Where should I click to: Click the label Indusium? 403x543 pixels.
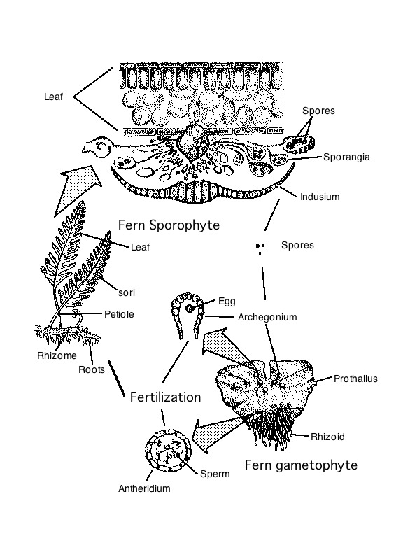point(319,197)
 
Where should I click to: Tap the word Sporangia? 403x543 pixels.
point(346,157)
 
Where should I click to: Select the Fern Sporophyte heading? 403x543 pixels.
point(169,225)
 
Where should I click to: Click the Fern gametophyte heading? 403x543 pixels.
point(301,465)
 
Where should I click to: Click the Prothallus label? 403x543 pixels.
point(355,379)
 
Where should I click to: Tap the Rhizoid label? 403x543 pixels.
point(327,437)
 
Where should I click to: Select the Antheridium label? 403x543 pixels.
point(143,488)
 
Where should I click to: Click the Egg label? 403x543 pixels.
point(227,301)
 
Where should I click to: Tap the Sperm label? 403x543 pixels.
point(215,474)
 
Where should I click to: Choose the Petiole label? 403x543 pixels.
point(119,314)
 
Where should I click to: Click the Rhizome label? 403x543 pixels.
point(57,355)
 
